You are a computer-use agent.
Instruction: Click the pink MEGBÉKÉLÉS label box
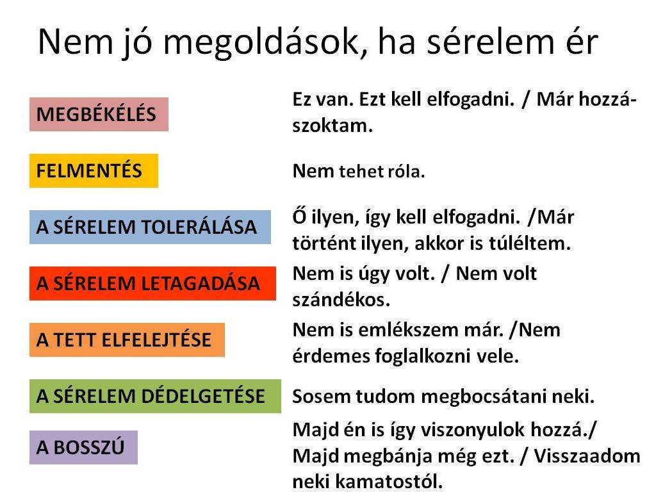(99, 114)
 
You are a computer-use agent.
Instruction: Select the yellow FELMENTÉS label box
(94, 170)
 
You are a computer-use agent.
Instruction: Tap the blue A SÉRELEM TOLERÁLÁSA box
(150, 227)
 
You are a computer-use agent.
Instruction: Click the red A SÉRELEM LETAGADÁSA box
(152, 283)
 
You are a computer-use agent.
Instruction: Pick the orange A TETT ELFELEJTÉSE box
(127, 340)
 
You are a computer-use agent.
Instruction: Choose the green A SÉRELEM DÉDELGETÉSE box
(155, 397)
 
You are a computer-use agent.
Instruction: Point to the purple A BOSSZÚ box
(83, 447)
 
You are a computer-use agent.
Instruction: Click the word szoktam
(332, 126)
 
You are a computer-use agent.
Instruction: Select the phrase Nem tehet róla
(359, 171)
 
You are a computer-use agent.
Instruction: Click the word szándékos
(341, 300)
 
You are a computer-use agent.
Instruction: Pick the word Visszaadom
(587, 456)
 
